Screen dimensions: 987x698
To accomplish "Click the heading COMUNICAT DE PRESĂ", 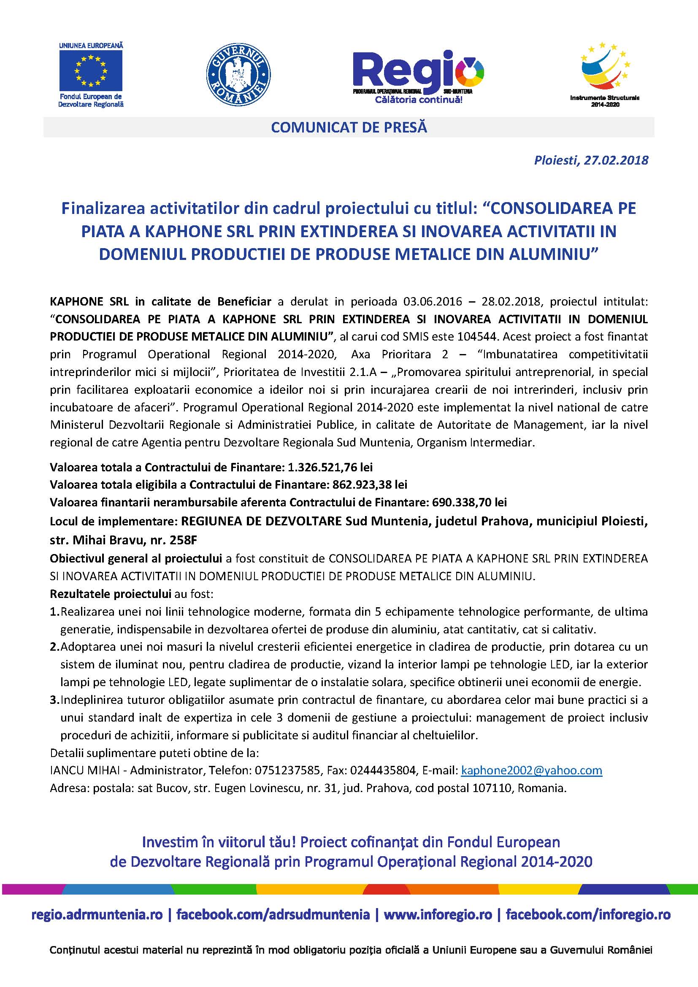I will (349, 128).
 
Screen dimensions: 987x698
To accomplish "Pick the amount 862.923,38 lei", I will (370, 484).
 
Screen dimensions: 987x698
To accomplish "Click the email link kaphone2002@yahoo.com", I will (531, 770).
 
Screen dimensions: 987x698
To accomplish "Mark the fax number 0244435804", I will (383, 770).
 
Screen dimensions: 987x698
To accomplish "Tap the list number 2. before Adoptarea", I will (54, 646).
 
